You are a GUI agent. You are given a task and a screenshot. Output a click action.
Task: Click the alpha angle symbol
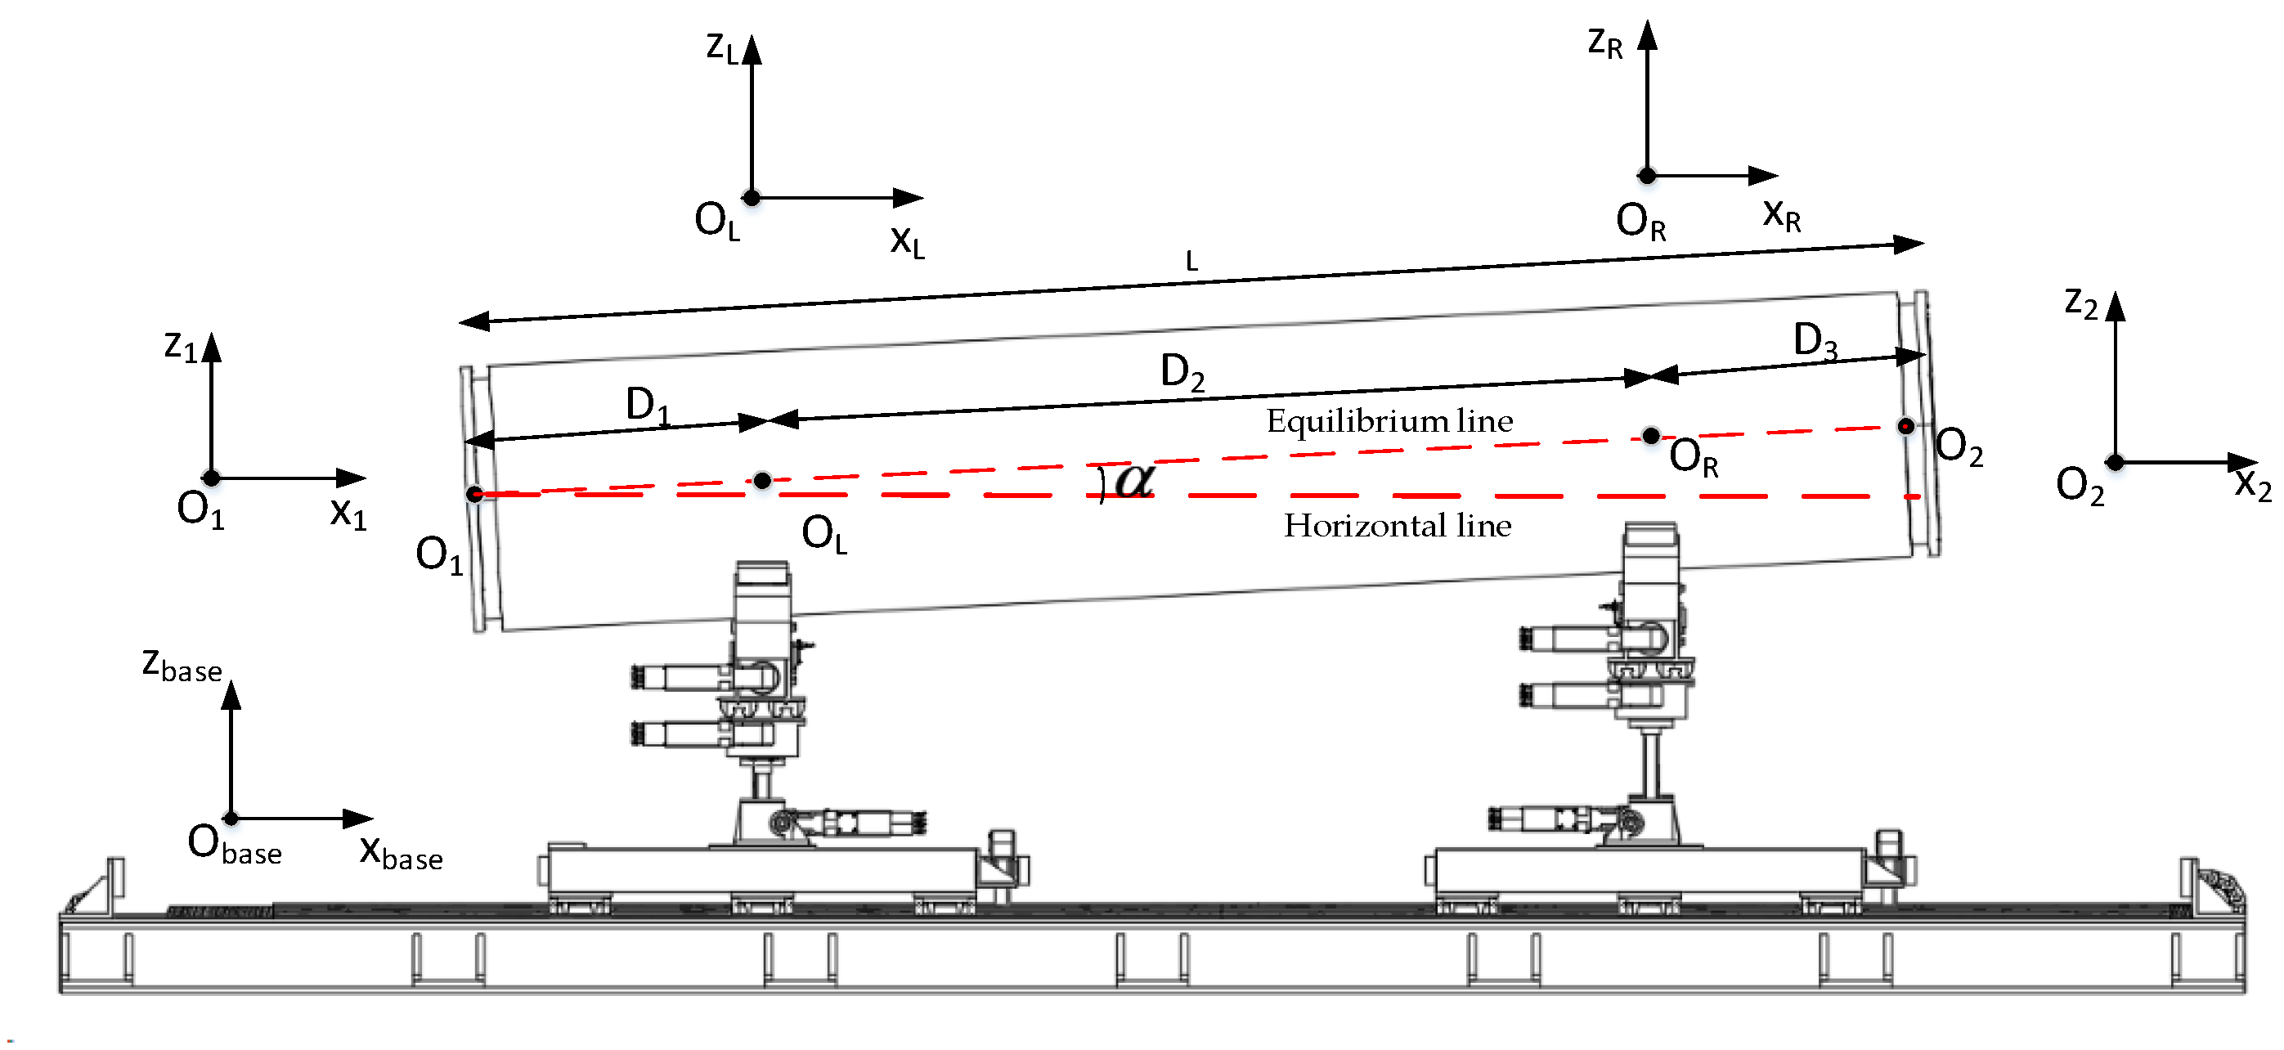(x=1134, y=481)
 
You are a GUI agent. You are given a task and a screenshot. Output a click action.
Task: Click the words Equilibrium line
(x=1389, y=420)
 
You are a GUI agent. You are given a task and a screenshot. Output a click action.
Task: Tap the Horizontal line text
(x=1398, y=526)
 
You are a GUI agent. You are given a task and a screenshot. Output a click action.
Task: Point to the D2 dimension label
(x=1182, y=371)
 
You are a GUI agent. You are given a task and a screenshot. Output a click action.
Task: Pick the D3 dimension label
(x=1814, y=340)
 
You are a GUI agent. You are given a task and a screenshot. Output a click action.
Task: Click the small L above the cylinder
(x=1191, y=262)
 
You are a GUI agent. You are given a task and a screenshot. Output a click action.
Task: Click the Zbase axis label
(x=182, y=665)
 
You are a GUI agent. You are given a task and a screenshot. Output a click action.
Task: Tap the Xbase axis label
(x=401, y=852)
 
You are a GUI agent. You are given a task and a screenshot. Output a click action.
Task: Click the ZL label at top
(x=722, y=47)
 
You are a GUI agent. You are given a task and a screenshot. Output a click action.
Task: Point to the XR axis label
(x=1781, y=216)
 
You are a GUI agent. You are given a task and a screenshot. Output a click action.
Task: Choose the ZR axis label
(x=1604, y=43)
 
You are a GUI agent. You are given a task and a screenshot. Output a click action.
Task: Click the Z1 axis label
(x=181, y=346)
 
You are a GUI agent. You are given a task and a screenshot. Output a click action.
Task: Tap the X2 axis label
(x=2252, y=485)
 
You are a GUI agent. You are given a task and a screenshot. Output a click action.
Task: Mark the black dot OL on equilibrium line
(x=762, y=481)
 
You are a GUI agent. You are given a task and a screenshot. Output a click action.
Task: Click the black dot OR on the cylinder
(x=1650, y=435)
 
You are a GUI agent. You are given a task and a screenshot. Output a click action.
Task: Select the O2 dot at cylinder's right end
(x=1905, y=427)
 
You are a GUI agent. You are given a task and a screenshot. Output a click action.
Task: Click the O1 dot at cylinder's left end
(x=475, y=494)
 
